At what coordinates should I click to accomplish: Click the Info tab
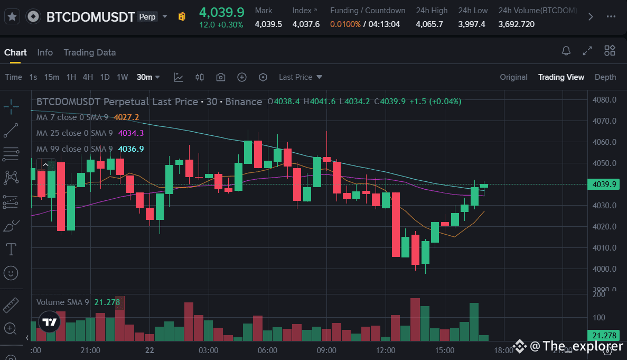[45, 52]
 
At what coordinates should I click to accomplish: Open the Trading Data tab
[89, 52]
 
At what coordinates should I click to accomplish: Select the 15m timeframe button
[51, 77]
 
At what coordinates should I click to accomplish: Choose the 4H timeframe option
[88, 77]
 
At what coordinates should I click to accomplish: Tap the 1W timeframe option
[122, 77]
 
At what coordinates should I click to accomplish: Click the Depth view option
[605, 77]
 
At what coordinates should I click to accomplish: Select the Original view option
[513, 77]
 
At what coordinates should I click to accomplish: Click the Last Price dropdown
[300, 77]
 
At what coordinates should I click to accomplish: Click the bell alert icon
[566, 51]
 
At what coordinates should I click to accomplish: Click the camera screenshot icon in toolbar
[221, 77]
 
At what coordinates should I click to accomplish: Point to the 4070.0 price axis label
[604, 121]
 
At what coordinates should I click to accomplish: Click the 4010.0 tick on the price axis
[604, 248]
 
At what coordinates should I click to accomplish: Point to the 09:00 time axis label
[326, 350]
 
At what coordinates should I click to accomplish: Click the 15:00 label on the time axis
[445, 350]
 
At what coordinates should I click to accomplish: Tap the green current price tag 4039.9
[604, 184]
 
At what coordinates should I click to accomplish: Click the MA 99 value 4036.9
[130, 149]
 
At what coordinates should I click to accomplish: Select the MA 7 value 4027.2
[126, 117]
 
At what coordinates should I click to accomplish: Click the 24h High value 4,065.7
[429, 24]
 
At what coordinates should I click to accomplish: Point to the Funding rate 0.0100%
[345, 24]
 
